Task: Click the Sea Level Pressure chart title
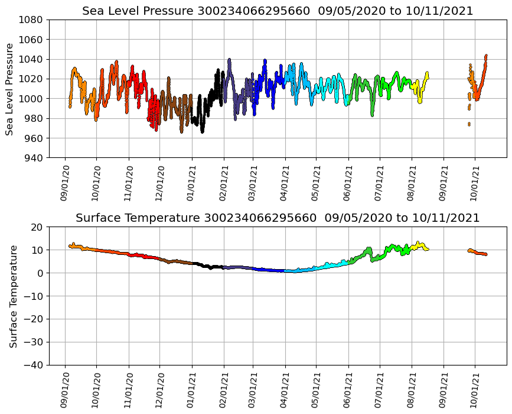tap(278, 11)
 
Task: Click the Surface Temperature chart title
tap(278, 218)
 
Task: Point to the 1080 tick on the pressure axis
tap(30, 20)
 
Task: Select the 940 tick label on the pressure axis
tap(32, 158)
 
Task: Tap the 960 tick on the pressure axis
tap(32, 138)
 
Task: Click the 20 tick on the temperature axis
tap(37, 227)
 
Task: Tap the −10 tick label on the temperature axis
tap(32, 296)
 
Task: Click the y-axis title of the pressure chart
tap(10, 89)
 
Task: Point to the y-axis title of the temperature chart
tap(12, 296)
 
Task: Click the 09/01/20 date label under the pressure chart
tap(65, 183)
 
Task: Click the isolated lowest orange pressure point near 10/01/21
tap(469, 124)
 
